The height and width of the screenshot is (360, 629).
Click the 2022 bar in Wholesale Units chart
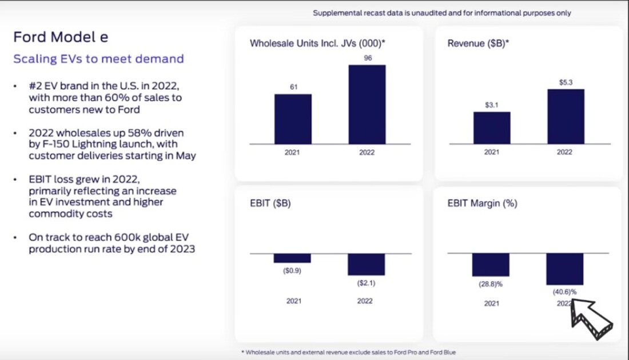(367, 104)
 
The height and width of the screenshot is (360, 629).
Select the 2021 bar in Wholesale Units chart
(293, 119)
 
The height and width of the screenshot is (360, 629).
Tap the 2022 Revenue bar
(566, 116)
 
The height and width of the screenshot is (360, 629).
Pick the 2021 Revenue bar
(492, 127)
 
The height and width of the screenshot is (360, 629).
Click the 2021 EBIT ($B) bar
(292, 258)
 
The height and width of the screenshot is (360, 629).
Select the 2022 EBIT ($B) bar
(366, 264)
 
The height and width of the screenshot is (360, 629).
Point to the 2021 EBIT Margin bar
(491, 265)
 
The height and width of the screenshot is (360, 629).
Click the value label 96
(367, 58)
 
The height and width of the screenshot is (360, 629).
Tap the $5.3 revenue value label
(566, 83)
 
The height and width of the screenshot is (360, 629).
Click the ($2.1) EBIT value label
(366, 283)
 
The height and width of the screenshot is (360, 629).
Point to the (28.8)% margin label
(491, 283)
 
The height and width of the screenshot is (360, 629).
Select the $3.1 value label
(492, 105)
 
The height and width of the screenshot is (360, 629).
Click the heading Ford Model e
(61, 37)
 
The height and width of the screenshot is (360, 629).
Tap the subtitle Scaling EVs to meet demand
(98, 58)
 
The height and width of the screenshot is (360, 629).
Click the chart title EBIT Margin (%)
(483, 203)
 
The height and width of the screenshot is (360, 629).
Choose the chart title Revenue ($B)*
(478, 43)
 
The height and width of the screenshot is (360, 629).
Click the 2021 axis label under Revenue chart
(492, 153)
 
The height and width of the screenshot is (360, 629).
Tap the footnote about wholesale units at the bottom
(348, 352)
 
